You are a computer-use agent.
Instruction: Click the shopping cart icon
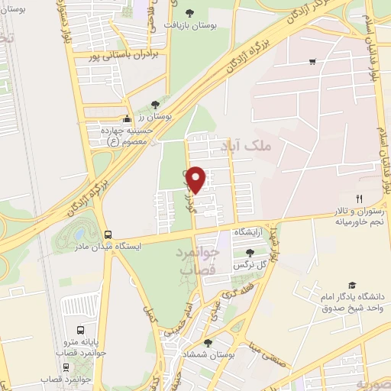(x=312, y=62)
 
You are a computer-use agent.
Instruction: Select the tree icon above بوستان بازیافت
(x=190, y=11)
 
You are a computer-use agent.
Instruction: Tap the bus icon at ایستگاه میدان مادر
(x=108, y=235)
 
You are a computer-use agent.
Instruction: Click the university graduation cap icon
(x=352, y=284)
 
